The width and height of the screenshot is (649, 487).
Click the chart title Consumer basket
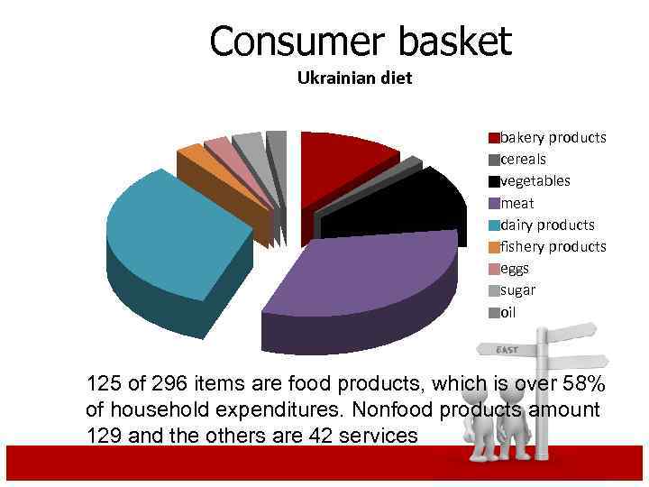coord(361,41)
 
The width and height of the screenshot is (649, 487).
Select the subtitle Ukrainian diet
coord(354,78)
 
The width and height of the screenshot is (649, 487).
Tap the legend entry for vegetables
coord(535,181)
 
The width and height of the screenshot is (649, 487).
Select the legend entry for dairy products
coord(547,225)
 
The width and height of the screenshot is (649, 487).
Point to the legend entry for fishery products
coord(553,246)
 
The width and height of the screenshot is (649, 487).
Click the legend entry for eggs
coord(515,268)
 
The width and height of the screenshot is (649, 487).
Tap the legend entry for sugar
coord(517,290)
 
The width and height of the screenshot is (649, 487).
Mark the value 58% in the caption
coord(584,383)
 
